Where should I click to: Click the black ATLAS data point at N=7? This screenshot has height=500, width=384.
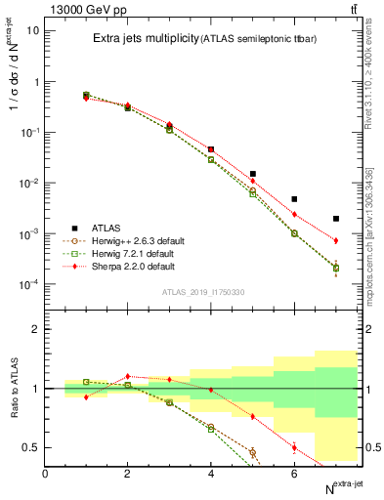point(336,219)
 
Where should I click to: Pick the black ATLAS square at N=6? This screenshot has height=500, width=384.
point(294,199)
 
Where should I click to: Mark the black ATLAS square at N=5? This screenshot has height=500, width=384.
point(253,174)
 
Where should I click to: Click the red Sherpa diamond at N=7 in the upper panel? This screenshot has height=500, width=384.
point(336,240)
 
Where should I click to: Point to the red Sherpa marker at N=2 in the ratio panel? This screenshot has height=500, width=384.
point(127,376)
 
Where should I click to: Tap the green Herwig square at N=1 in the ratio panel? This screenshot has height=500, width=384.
point(86,382)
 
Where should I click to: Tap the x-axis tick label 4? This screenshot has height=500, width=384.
point(211,474)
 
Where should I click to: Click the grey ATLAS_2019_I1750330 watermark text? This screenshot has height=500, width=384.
point(203,292)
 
